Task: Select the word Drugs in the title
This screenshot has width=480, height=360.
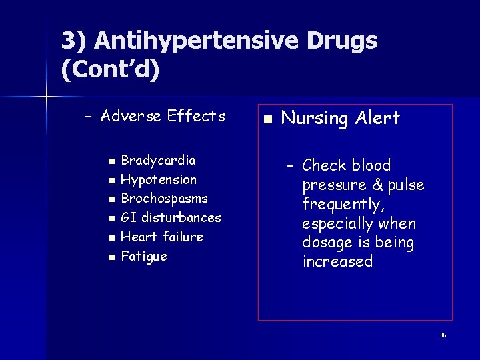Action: (342, 41)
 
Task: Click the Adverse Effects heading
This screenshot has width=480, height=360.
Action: (163, 117)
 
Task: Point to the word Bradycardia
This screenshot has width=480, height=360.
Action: (158, 161)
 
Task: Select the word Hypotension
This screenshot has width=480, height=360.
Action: (159, 180)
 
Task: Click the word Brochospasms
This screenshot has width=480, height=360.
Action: (164, 199)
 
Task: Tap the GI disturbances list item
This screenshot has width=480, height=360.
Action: (171, 217)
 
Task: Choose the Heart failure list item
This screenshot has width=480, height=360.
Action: (162, 237)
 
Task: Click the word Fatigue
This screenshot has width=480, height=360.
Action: (144, 257)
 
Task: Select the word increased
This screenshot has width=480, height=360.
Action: (337, 261)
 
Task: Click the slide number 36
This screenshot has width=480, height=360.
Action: (442, 335)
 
